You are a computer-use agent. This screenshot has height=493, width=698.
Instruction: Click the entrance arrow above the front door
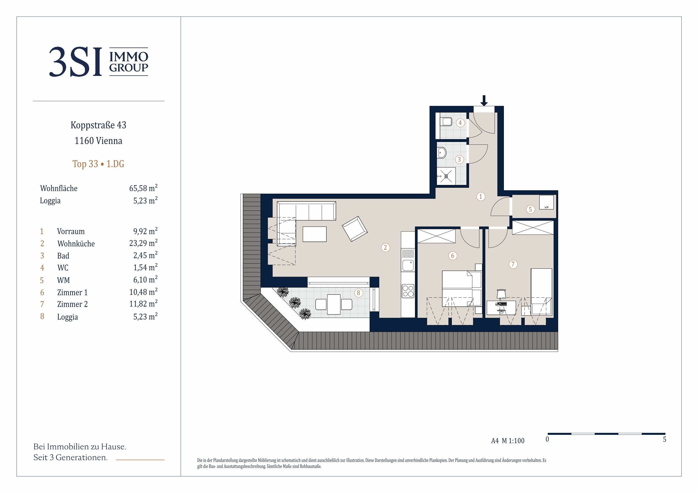coord(484,101)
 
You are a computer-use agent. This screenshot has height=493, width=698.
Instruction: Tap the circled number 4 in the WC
coord(460,123)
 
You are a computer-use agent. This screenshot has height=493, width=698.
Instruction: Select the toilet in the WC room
coord(446,122)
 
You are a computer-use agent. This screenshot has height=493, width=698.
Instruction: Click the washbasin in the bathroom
coord(442,153)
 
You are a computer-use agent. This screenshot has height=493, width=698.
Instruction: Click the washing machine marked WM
coord(546,202)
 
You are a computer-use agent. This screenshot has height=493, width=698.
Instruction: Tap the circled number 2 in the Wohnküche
coord(385,248)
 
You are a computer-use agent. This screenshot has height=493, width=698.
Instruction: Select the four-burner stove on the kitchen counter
coord(408,290)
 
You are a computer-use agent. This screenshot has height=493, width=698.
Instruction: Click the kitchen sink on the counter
coord(408,265)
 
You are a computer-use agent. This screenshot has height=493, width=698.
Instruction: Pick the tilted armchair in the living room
coord(354,229)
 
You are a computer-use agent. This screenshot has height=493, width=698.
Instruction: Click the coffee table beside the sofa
coord(315,234)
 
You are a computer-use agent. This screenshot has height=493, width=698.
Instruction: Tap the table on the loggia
coord(333,304)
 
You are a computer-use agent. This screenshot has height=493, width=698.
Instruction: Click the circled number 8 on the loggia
coord(358,293)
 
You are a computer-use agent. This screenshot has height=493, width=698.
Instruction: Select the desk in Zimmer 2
coord(501,307)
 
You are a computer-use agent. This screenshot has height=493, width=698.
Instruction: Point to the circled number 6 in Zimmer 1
coord(452,256)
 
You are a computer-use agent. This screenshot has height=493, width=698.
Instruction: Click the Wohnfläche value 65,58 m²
coord(143,188)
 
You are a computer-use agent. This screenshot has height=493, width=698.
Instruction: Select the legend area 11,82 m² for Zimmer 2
coord(143,304)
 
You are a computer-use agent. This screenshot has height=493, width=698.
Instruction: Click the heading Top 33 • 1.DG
coord(98,164)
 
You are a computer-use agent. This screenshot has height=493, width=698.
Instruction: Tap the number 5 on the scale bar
coord(665,439)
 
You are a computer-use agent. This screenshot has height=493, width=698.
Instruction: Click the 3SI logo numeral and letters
coord(75,62)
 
